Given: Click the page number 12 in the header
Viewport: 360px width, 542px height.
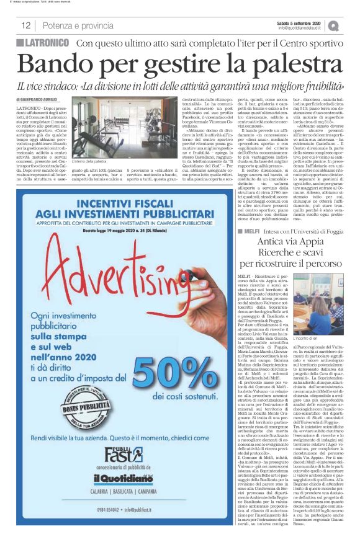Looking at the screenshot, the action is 25,25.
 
